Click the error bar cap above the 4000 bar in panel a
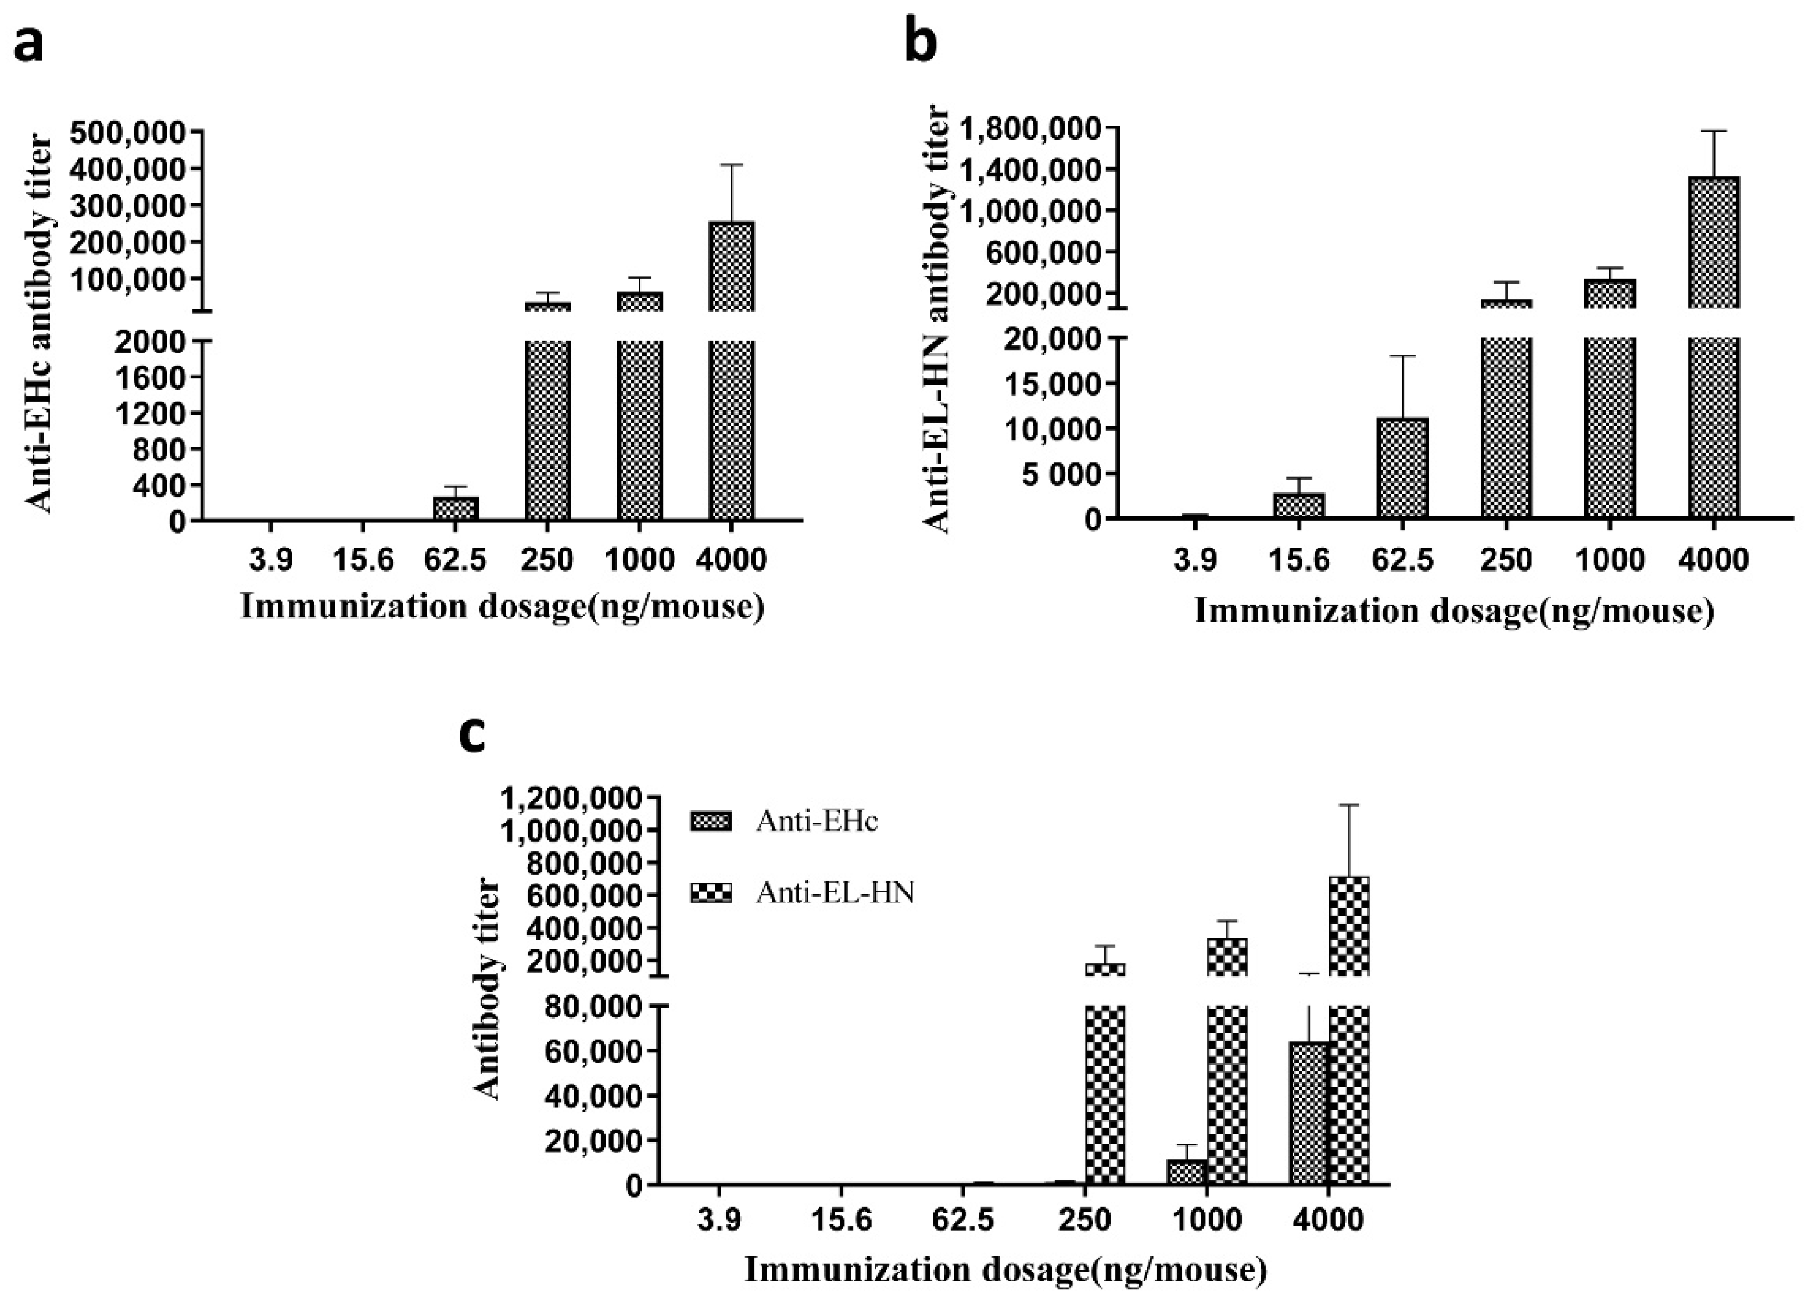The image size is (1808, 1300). point(731,165)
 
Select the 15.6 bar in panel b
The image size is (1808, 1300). point(1298,506)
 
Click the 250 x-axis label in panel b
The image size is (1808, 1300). point(1506,560)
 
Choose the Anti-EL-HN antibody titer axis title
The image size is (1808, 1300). point(939,319)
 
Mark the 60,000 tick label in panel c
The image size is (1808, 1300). point(596,1051)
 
